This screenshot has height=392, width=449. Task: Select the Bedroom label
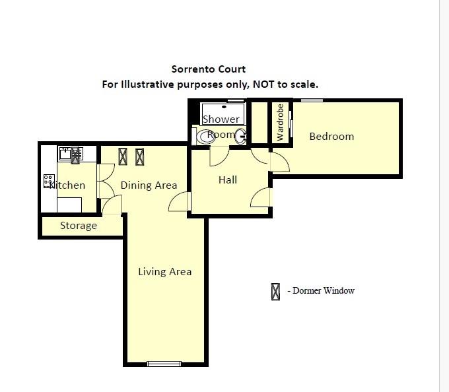click(331, 137)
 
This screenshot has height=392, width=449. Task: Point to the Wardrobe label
click(280, 122)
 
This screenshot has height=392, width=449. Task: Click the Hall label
click(228, 180)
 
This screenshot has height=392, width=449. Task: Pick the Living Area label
click(164, 271)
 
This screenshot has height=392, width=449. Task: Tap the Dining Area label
click(149, 185)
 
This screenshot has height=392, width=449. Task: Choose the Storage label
click(79, 226)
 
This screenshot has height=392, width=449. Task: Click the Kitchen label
click(67, 185)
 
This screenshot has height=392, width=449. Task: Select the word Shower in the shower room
click(221, 119)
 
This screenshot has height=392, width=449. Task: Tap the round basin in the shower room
click(241, 136)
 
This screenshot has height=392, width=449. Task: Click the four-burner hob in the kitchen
click(49, 180)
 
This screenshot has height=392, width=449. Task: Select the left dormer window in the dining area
click(123, 156)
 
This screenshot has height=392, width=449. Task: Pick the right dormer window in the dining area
click(139, 156)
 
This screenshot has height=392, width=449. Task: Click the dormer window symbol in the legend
click(275, 291)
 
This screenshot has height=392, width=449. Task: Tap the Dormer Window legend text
click(321, 290)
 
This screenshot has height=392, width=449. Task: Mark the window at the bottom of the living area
click(164, 363)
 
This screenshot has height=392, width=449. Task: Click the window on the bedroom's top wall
click(312, 100)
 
